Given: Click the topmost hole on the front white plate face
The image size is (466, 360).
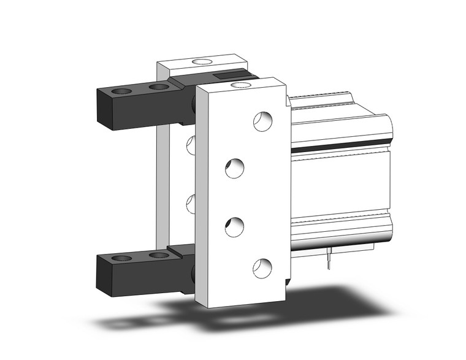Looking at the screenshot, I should pyautogui.click(x=262, y=121).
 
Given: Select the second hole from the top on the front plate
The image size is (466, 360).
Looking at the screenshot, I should pyautogui.click(x=234, y=167).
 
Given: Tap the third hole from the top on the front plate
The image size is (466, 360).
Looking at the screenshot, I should pyautogui.click(x=234, y=227).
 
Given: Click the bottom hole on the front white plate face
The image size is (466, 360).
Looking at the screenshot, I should pyautogui.click(x=262, y=267).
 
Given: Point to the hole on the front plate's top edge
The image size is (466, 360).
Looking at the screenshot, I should pyautogui.click(x=240, y=85).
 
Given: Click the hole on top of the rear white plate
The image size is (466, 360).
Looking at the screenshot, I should pyautogui.click(x=201, y=61).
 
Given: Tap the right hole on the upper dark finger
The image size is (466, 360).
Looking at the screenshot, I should pyautogui.click(x=158, y=87).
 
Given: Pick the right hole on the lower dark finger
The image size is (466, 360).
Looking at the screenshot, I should pyautogui.click(x=158, y=255).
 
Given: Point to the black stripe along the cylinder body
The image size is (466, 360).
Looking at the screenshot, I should pyautogui.click(x=340, y=146).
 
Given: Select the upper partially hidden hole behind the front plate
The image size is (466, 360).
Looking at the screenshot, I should pyautogui.click(x=191, y=145).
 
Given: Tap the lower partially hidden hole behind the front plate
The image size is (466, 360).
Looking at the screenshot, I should pyautogui.click(x=191, y=203).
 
